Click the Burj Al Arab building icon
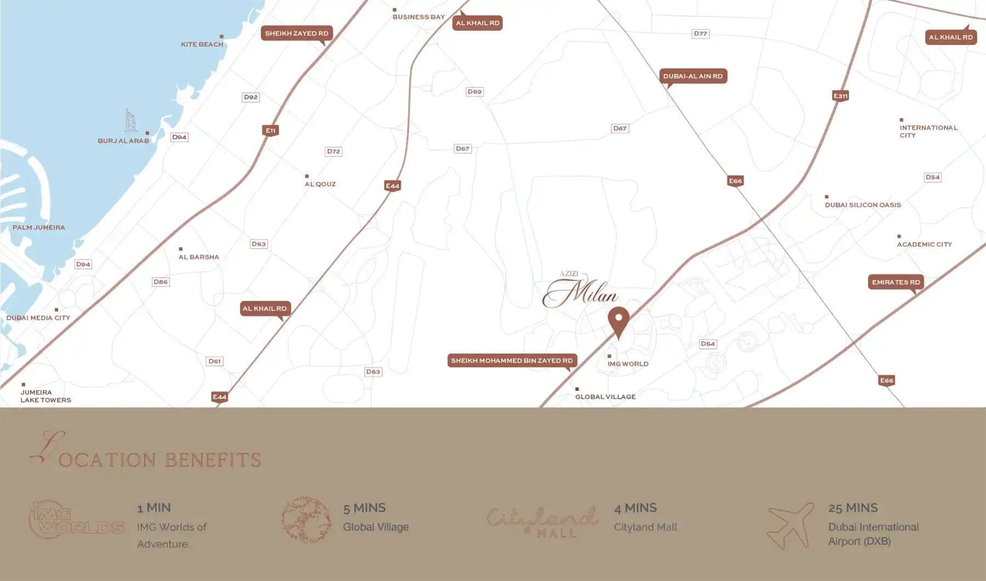(x=130, y=120)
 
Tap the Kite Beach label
(x=202, y=44)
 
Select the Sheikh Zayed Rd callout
(x=296, y=33)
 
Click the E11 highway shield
(x=270, y=130)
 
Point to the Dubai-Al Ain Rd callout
(x=693, y=76)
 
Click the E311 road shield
(x=840, y=96)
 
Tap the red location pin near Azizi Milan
(x=618, y=321)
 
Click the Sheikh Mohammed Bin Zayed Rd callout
(x=512, y=360)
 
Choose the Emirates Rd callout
(x=896, y=282)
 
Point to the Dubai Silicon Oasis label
(x=863, y=205)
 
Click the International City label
(x=928, y=131)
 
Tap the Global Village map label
(x=605, y=396)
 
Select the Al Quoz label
(x=320, y=184)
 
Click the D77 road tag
(x=700, y=33)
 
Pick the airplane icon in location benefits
(x=790, y=525)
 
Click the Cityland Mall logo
(x=542, y=522)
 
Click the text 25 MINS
(x=853, y=508)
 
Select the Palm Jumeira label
(x=39, y=227)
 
